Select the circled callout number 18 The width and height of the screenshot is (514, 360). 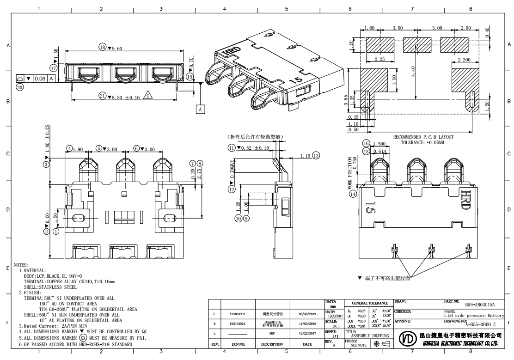pos(103,47)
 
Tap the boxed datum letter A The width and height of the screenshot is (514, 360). pos(200,109)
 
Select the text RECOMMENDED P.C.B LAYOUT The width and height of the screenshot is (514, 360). pos(423,137)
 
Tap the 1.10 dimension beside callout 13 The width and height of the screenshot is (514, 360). pos(305,156)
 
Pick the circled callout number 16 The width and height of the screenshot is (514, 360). pos(366,143)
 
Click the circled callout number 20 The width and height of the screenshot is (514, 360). pos(19,86)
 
